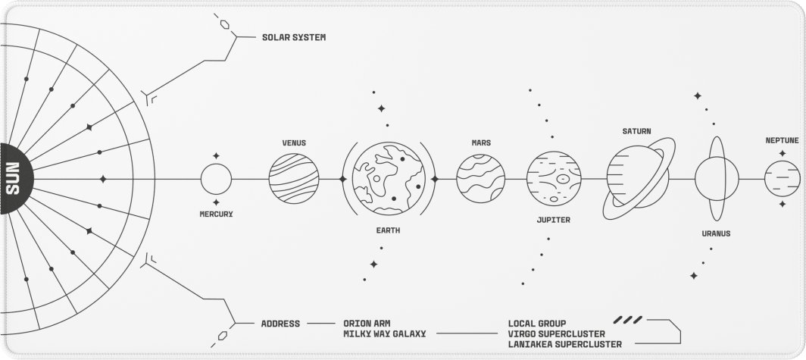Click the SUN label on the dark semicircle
pyautogui.click(x=13, y=178)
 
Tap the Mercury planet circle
pyautogui.click(x=216, y=179)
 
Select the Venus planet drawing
pyautogui.click(x=294, y=178)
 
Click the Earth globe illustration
pyautogui.click(x=389, y=178)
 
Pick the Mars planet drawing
pyautogui.click(x=480, y=178)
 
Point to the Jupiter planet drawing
pyautogui.click(x=554, y=178)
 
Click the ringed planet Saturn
pyautogui.click(x=639, y=178)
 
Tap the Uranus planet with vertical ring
pyautogui.click(x=717, y=178)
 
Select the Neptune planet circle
pyautogui.click(x=783, y=178)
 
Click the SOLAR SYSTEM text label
pyautogui.click(x=294, y=38)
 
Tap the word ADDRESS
pyautogui.click(x=280, y=324)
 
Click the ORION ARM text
pyautogui.click(x=367, y=324)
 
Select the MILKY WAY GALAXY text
pyautogui.click(x=385, y=333)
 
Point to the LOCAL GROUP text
pyautogui.click(x=537, y=324)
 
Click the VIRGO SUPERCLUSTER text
pyautogui.click(x=557, y=333)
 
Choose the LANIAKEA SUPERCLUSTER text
pyautogui.click(x=565, y=344)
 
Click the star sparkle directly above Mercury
pyautogui.click(x=216, y=155)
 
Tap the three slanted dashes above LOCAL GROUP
pyautogui.click(x=628, y=320)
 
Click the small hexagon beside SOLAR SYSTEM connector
pyautogui.click(x=225, y=24)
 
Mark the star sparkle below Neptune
pyautogui.click(x=783, y=204)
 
